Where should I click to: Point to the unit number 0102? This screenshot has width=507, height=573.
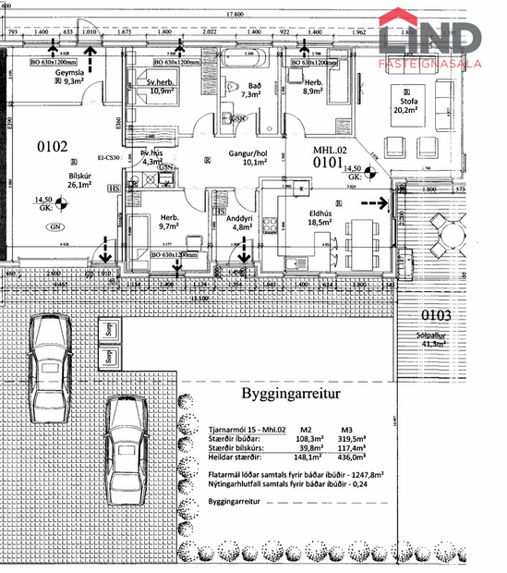tap(52, 145)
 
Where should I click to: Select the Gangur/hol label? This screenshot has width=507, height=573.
tap(247, 156)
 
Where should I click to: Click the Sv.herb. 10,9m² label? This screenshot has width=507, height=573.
tap(162, 86)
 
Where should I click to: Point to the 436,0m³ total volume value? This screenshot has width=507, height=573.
tap(352, 457)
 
